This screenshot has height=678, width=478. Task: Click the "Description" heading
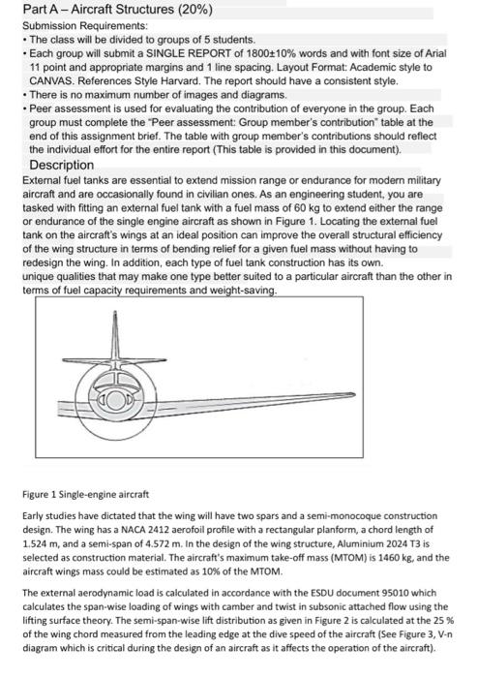pyautogui.click(x=62, y=165)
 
